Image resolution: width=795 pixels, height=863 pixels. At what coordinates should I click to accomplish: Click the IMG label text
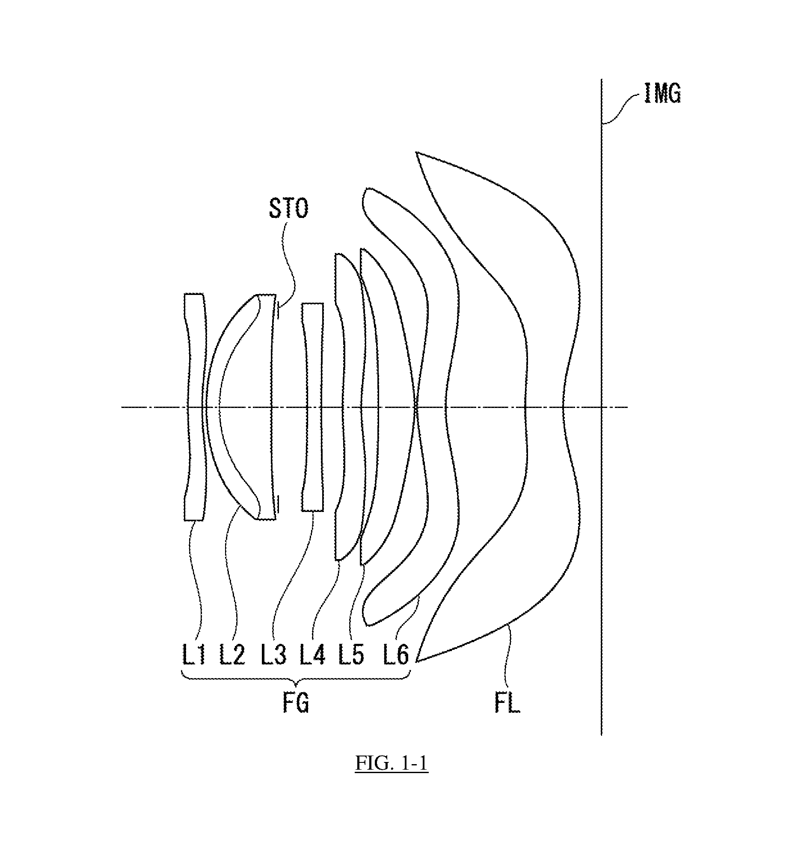(662, 93)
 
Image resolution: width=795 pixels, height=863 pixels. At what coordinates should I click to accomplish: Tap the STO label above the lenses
(289, 209)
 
